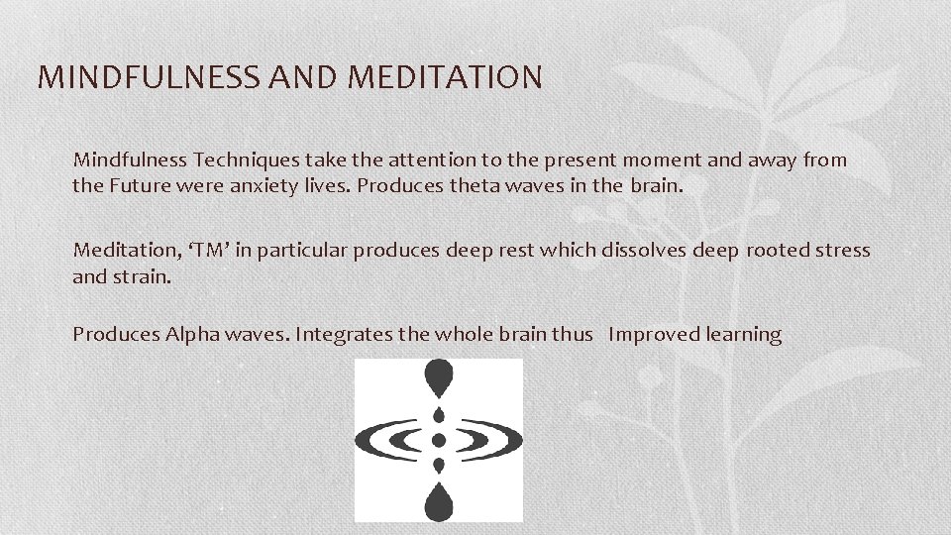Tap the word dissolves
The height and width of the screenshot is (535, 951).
coord(645,250)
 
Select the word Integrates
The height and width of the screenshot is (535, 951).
coord(345,335)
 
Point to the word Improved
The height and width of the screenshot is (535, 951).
coord(654,335)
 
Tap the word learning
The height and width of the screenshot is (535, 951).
coord(744,335)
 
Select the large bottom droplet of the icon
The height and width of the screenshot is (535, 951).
coord(438,501)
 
